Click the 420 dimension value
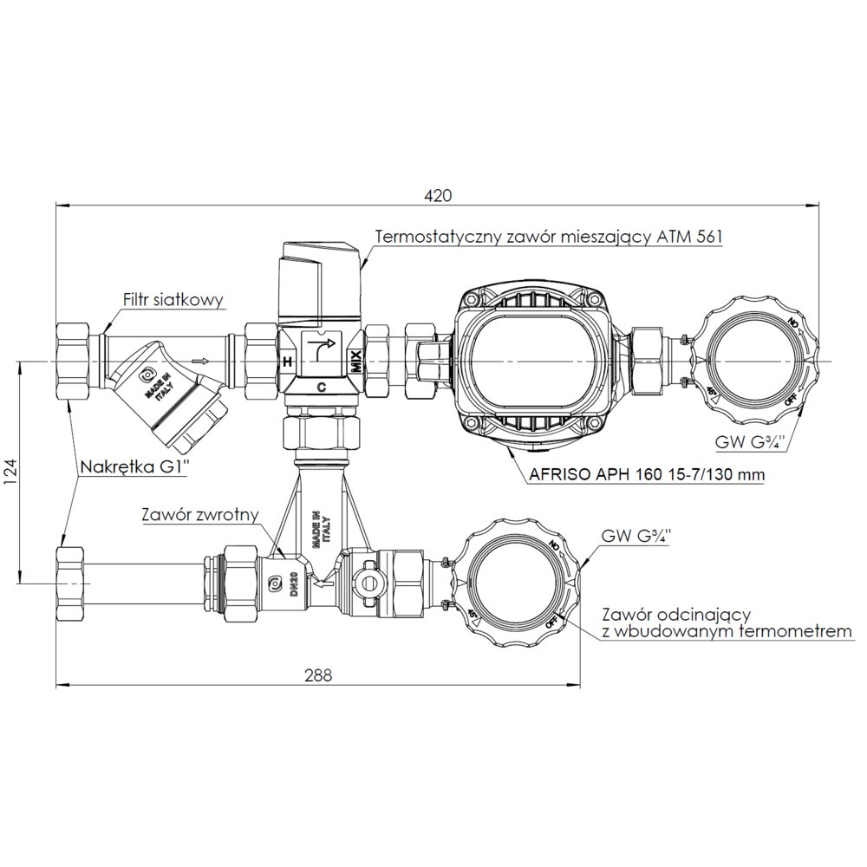[438, 196]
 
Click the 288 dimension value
[318, 675]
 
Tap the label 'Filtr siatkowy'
[173, 300]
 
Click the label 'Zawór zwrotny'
[200, 515]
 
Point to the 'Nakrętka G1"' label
[135, 466]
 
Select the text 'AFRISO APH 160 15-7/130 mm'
[647, 474]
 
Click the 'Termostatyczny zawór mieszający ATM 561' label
[549, 237]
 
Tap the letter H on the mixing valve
[287, 362]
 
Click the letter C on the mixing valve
[321, 388]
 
